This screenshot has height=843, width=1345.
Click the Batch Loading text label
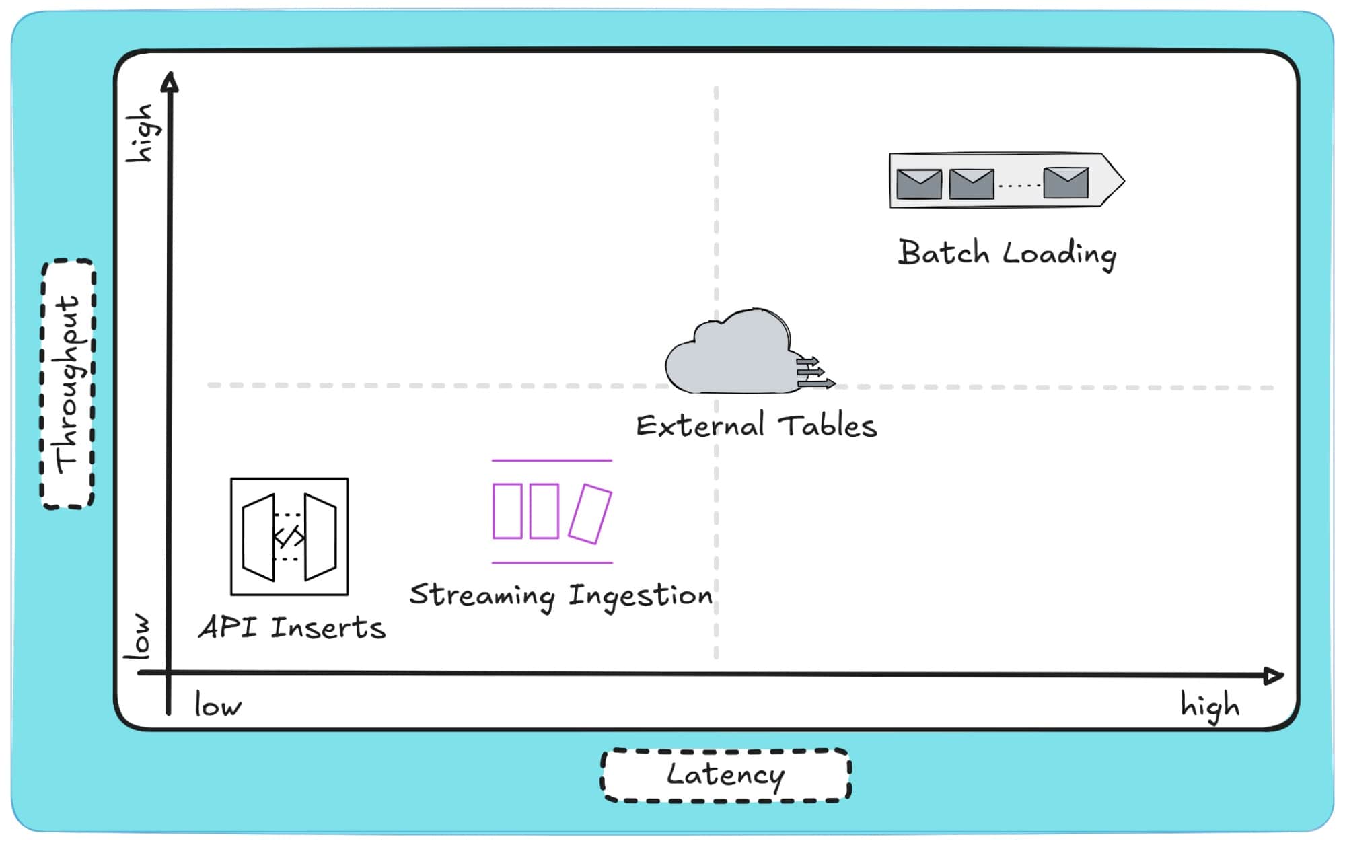click(1007, 254)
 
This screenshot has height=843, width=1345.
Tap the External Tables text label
click(756, 426)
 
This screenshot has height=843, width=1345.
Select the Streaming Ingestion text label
click(560, 595)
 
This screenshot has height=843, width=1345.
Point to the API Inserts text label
click(292, 628)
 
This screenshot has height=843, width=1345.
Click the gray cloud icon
click(730, 353)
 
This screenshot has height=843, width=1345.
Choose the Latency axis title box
click(725, 775)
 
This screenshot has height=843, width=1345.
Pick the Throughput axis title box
click(68, 383)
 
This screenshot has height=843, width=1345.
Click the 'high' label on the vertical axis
click(141, 133)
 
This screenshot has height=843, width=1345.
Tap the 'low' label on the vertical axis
click(138, 636)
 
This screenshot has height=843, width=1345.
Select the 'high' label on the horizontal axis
click(1210, 706)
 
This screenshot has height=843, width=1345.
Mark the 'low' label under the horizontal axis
click(217, 706)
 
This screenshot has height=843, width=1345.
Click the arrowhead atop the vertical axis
click(170, 82)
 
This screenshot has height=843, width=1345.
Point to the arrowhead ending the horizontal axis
click(1274, 675)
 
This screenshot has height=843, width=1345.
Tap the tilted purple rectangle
click(590, 513)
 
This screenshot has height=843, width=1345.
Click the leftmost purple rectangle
click(507, 511)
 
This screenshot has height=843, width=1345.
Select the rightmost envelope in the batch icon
click(1066, 183)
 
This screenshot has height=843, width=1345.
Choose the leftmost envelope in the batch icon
click(919, 184)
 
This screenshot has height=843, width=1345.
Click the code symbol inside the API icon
click(289, 537)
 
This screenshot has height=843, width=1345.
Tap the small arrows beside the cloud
click(815, 373)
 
